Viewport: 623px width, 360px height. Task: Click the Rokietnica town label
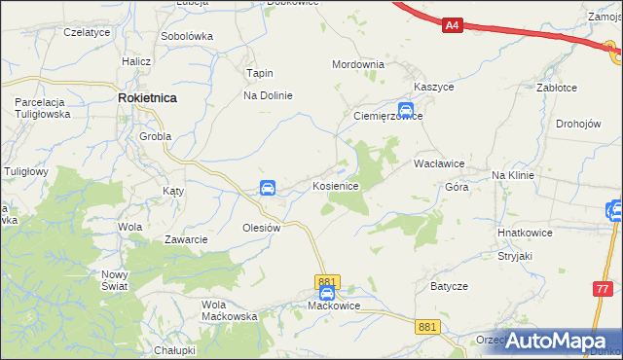pos(147,98)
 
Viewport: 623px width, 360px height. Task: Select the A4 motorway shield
pos(452,26)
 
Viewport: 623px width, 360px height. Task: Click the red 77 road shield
pos(604,289)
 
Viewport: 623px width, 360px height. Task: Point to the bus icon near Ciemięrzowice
pos(406,110)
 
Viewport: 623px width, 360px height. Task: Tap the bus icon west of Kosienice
pos(268,188)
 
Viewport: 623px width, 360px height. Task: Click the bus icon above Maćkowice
pos(327,292)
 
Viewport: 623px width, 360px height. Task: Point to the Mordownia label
pos(358,64)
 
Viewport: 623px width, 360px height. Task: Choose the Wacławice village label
pos(438,164)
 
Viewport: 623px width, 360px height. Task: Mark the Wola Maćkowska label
pos(229,310)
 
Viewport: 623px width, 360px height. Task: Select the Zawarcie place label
pos(185,239)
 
